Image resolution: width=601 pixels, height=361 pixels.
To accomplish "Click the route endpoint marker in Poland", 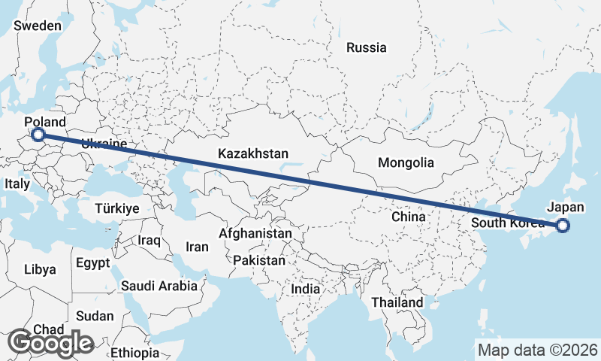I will pyautogui.click(x=38, y=135).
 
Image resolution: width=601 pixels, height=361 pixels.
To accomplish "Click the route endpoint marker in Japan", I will pyautogui.click(x=563, y=224).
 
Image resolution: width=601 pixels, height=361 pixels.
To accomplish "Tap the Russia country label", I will pyautogui.click(x=366, y=47).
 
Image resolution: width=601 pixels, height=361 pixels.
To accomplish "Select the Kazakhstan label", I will pyautogui.click(x=253, y=153).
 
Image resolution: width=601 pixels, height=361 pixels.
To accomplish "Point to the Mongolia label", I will pyautogui.click(x=406, y=162).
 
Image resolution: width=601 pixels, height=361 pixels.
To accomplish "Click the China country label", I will pyautogui.click(x=409, y=216).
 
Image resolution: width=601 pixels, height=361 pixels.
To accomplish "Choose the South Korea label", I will pyautogui.click(x=505, y=223).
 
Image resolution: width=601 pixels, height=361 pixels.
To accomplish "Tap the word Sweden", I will pyautogui.click(x=38, y=26).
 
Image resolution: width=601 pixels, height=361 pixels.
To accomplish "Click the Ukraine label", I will pyautogui.click(x=104, y=143).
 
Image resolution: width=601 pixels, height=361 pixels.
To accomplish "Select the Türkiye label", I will pyautogui.click(x=118, y=208).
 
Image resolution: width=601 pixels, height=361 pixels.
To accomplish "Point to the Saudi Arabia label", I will pyautogui.click(x=159, y=286).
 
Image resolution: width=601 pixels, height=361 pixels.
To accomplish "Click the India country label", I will pyautogui.click(x=306, y=289).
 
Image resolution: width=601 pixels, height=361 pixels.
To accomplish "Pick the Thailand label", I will pyautogui.click(x=398, y=302).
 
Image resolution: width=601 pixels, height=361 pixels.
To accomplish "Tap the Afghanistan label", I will pyautogui.click(x=255, y=234).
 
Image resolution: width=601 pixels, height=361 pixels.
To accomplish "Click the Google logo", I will pyautogui.click(x=50, y=343).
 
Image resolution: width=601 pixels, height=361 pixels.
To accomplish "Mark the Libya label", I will pyautogui.click(x=40, y=269).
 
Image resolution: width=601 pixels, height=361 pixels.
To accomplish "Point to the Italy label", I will pyautogui.click(x=17, y=184).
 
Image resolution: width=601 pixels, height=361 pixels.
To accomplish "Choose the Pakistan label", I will pyautogui.click(x=259, y=260).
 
